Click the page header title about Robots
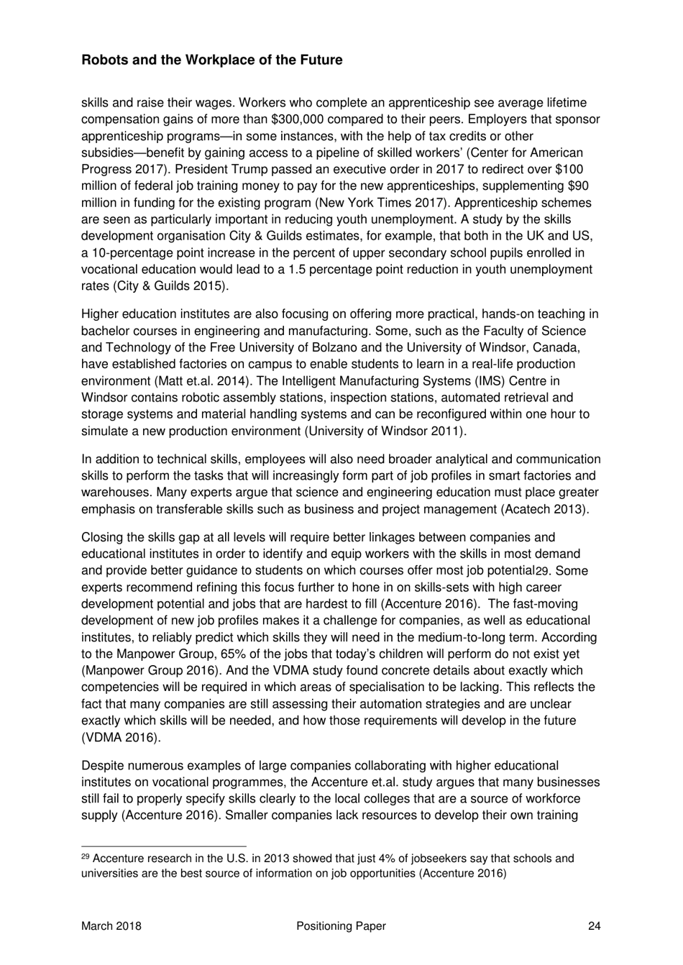[212, 60]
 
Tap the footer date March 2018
[111, 926]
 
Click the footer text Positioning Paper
[341, 926]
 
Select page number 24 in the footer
[594, 926]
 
